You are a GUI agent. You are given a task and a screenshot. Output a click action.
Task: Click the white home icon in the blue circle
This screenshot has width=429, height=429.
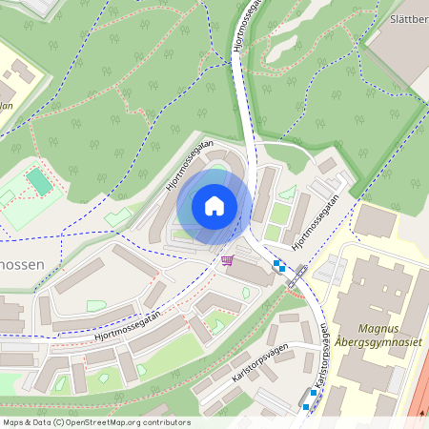(x=214, y=206)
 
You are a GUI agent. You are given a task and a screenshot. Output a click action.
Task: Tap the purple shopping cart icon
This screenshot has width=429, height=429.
(x=227, y=260)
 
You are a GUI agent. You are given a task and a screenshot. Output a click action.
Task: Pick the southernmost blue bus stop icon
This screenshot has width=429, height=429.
(x=305, y=406)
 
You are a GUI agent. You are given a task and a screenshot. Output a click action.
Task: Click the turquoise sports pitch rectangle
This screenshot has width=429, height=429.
(x=38, y=180)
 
